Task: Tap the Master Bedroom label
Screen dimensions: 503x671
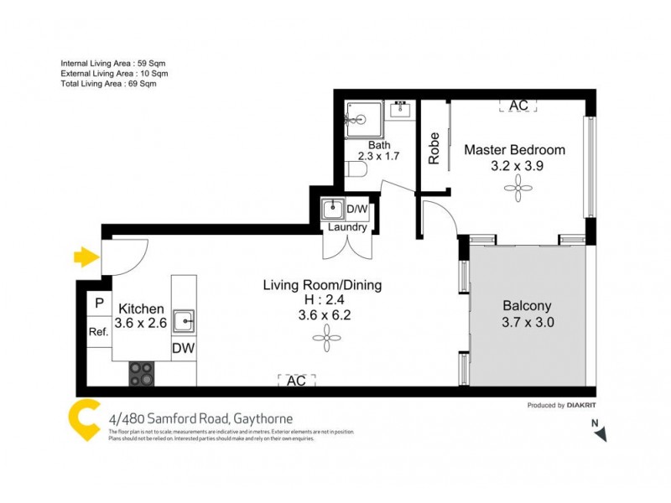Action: point(514,150)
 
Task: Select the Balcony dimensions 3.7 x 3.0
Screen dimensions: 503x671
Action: point(528,321)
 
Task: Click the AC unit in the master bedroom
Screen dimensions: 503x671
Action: point(518,106)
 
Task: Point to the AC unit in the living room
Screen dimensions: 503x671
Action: point(296,380)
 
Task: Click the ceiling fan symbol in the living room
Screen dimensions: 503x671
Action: point(323,339)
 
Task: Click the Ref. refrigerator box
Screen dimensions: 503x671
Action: point(99,332)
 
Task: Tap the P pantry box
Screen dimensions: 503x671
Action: point(99,303)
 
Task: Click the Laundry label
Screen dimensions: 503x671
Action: point(346,227)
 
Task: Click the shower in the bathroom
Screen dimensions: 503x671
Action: point(362,119)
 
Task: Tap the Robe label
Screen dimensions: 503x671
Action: point(434,148)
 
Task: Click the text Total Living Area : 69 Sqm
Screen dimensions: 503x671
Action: point(108,84)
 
